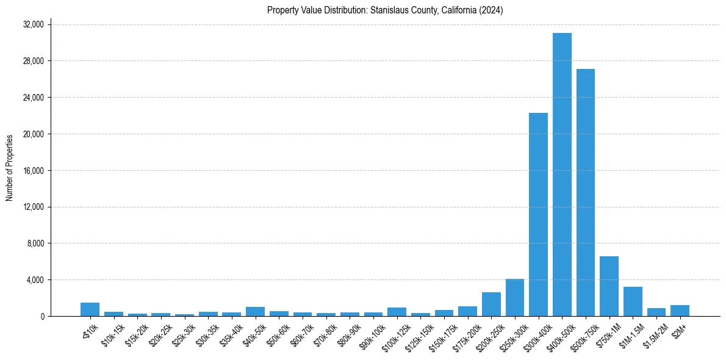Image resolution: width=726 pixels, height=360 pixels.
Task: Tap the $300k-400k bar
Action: click(538, 214)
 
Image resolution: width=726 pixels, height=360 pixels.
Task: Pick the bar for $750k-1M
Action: click(609, 286)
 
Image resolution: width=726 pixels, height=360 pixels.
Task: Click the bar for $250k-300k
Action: click(514, 298)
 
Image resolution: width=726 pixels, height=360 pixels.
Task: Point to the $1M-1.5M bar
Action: click(633, 301)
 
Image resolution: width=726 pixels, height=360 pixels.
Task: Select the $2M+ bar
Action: click(680, 311)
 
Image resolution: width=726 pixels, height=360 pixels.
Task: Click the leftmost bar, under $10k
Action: click(90, 309)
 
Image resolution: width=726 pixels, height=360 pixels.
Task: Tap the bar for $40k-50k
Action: click(255, 311)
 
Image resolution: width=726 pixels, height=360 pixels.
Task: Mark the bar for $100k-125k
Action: click(397, 312)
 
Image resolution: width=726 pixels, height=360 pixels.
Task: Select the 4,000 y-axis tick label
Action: click(35, 280)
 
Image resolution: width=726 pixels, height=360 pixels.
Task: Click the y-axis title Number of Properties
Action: click(10, 168)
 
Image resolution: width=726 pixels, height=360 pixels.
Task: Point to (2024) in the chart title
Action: click(491, 10)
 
